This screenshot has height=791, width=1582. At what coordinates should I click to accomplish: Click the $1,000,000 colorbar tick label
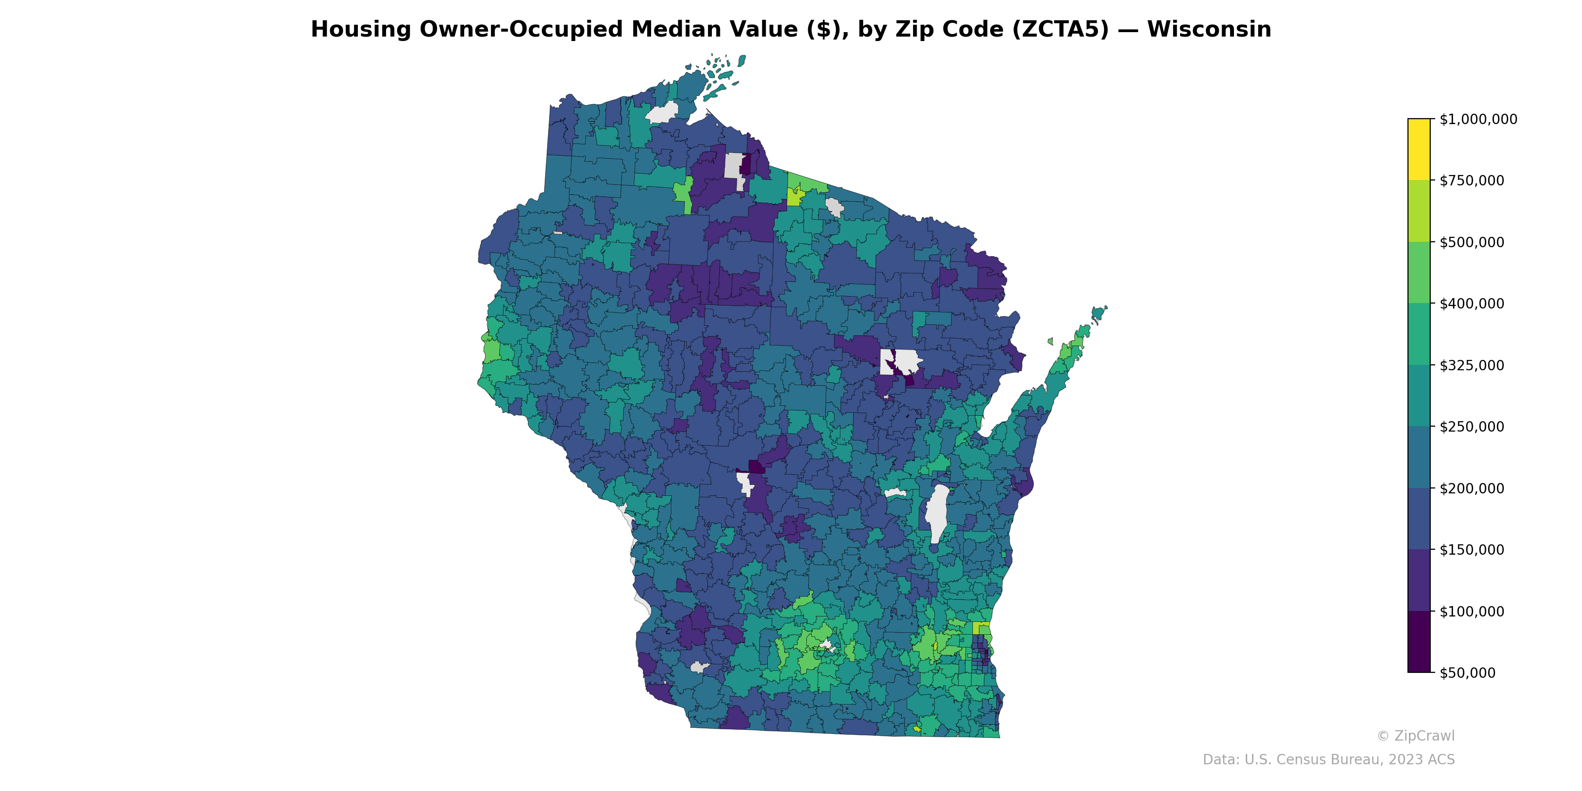coord(1478,119)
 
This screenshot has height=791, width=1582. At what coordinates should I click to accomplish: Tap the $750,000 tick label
coord(1471,180)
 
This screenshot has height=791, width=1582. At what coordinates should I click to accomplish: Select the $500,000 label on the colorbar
coord(1471,242)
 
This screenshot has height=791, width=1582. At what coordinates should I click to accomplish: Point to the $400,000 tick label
coord(1471,304)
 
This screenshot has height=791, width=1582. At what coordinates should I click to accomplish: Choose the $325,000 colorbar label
coord(1471,365)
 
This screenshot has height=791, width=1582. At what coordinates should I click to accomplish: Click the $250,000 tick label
coord(1471,427)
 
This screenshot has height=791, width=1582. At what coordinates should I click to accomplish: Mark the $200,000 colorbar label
coord(1471,488)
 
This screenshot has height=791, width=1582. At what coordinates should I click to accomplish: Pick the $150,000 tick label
coord(1471,550)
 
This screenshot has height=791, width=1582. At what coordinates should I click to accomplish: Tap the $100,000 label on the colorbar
coord(1471,611)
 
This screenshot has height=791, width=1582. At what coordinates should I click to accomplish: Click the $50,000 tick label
coord(1467,673)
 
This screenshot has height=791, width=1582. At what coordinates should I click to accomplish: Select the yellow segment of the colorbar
coord(1419,149)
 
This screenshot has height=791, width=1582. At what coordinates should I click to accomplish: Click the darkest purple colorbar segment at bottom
coord(1419,642)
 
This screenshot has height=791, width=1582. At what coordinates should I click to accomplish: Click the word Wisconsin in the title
coord(1209,30)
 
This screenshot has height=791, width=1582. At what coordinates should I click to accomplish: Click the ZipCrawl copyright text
coord(1415,736)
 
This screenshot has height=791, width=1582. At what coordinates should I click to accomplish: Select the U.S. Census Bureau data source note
coord(1328,760)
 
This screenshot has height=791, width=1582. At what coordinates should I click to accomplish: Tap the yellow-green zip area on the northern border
coord(794,197)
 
